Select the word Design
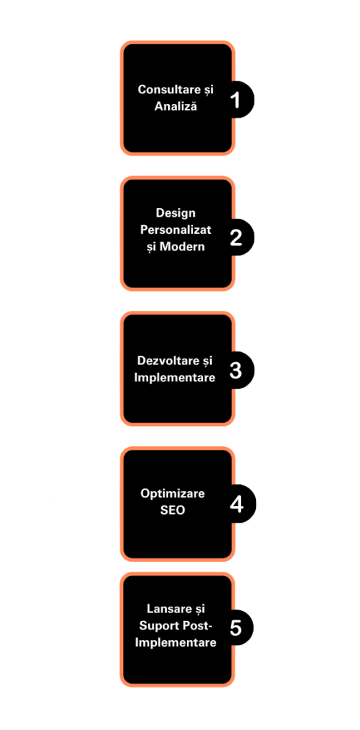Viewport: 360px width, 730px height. click(x=175, y=213)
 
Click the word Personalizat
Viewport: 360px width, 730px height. click(x=176, y=230)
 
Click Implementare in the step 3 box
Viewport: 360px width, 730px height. click(x=175, y=377)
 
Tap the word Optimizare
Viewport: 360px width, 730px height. click(x=173, y=493)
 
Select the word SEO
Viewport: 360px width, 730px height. click(x=173, y=510)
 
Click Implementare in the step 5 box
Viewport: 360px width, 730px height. click(x=175, y=642)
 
